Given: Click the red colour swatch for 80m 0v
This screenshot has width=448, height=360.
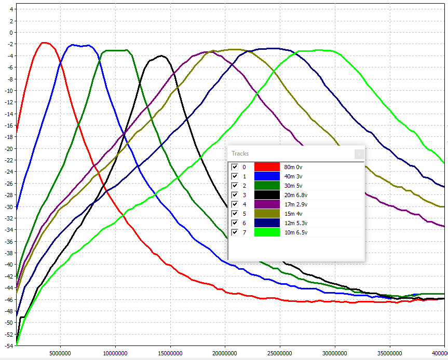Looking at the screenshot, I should pos(267,167).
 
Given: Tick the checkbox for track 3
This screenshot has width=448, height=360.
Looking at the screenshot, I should pos(235,195).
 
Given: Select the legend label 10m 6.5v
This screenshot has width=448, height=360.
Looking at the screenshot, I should pos(297,232).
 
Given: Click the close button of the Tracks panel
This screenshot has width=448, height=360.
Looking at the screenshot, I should pos(359,154).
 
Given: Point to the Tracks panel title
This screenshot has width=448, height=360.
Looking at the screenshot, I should pos(240,154).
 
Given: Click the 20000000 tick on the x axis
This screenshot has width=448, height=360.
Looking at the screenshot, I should pos(225,354).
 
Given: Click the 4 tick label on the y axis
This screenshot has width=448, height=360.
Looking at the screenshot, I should pos(9,9).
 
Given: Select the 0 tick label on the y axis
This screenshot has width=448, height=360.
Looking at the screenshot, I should pos(9,32).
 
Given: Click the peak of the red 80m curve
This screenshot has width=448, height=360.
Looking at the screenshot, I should pos(44,43).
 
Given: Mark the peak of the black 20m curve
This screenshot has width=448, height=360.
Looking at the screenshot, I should pos(162,56).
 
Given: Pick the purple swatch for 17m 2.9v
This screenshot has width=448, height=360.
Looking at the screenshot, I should pos(267,204).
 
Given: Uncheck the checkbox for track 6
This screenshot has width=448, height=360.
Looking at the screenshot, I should pos(235,223).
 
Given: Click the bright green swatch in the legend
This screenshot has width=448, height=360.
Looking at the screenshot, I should pos(267,232).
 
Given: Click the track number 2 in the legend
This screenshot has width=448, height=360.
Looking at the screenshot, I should pos(244,186).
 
